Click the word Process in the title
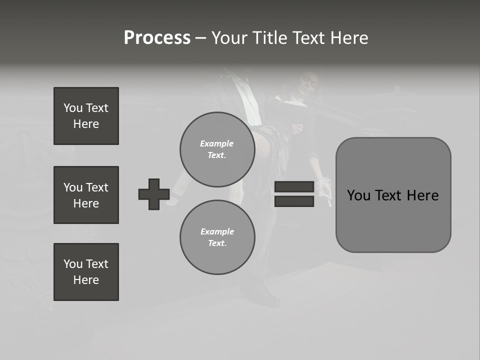[157, 38]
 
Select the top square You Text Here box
[86, 116]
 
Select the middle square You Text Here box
[86, 195]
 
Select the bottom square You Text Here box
[86, 272]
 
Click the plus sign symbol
[154, 194]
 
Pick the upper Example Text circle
[217, 149]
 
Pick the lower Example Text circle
[217, 237]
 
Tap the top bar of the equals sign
[294, 187]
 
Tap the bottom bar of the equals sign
[294, 201]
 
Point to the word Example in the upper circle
[217, 143]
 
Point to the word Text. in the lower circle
[217, 243]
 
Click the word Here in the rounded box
[422, 195]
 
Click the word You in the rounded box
[358, 195]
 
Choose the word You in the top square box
[72, 108]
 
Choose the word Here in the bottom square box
[86, 280]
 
